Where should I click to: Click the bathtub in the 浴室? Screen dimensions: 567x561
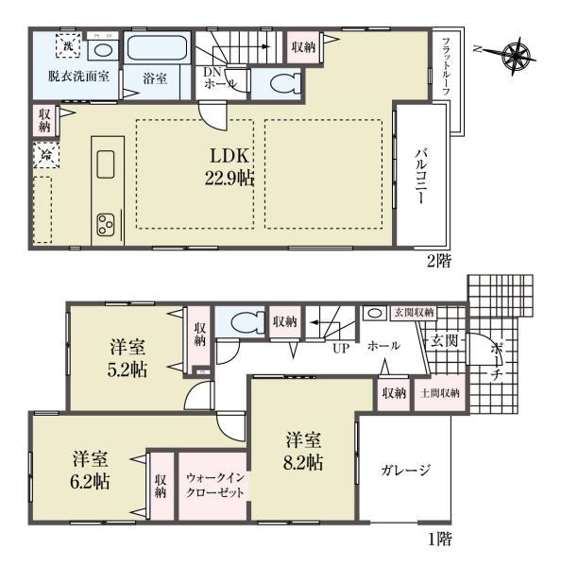coord(157,48)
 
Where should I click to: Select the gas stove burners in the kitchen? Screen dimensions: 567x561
coord(104,225)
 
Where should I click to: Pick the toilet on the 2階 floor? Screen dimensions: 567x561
coord(279,83)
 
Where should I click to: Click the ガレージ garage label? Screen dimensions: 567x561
coord(406,470)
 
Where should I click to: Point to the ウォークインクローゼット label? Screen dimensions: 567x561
coord(215,485)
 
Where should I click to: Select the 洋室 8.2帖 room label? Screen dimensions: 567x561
coord(303,452)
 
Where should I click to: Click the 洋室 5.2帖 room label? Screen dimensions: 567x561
coord(126,357)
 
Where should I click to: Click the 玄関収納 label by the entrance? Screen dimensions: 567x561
coord(413,312)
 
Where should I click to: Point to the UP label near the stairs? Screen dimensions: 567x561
coord(341,348)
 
